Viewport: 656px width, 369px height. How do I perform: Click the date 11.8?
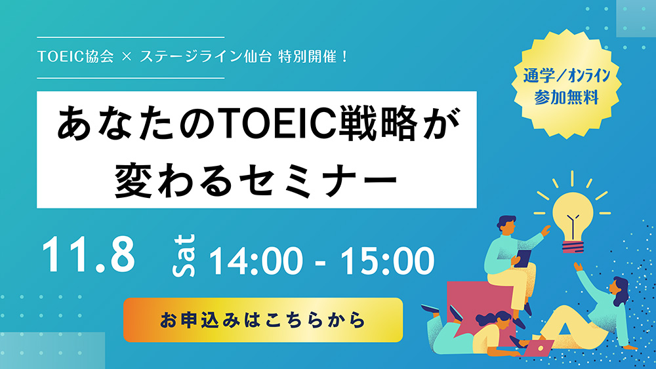pyautogui.click(x=89, y=255)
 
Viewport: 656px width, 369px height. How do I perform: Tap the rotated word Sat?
pyautogui.click(x=184, y=256)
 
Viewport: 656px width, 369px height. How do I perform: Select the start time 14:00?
pyautogui.click(x=255, y=261)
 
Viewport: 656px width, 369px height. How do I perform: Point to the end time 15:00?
pyautogui.click(x=388, y=261)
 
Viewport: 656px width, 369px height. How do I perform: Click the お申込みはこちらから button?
pyautogui.click(x=263, y=320)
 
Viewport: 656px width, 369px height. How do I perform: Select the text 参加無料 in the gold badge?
pyautogui.click(x=567, y=98)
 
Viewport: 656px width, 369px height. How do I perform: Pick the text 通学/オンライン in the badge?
pyautogui.click(x=567, y=75)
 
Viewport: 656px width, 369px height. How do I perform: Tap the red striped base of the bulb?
pyautogui.click(x=573, y=247)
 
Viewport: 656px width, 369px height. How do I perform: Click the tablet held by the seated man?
pyautogui.click(x=523, y=258)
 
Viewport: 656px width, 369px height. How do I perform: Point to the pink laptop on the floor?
pyautogui.click(x=539, y=347)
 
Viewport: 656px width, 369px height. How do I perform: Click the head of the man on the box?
pyautogui.click(x=507, y=225)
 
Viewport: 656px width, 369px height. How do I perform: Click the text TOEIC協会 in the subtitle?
pyautogui.click(x=75, y=56)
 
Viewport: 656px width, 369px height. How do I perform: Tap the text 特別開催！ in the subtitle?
pyautogui.click(x=313, y=56)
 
